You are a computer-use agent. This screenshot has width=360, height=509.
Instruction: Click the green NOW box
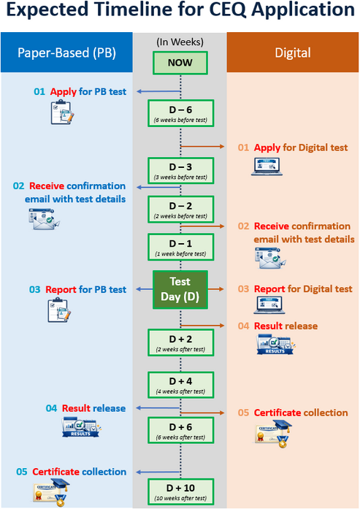180,63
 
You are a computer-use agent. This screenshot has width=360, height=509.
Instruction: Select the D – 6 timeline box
181,113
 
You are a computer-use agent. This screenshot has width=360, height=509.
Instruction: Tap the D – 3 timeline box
181,170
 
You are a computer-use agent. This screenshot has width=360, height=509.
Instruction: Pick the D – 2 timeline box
181,210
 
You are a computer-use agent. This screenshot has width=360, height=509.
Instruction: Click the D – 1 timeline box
181,247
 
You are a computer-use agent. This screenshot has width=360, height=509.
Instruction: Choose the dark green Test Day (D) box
180,289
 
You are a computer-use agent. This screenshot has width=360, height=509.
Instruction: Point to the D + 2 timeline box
181,342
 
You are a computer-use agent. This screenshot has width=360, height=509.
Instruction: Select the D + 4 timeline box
181,385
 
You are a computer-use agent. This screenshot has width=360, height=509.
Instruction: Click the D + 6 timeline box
181,430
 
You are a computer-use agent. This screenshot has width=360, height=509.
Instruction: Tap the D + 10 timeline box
181,491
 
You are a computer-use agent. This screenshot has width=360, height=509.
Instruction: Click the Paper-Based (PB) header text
66,53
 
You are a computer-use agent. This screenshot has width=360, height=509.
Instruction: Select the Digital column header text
293,53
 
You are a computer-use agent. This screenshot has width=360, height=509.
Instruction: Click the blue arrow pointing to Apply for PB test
158,91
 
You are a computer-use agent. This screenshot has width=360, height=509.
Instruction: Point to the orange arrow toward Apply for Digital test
202,146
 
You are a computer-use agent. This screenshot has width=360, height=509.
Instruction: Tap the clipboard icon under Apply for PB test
62,112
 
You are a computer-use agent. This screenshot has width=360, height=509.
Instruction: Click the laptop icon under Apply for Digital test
267,167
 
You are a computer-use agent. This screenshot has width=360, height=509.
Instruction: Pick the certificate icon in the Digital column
273,434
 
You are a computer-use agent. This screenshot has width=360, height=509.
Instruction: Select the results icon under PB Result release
81,427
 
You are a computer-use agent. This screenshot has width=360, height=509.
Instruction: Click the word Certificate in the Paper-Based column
55,472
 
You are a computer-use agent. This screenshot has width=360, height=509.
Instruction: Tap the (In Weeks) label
180,42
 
